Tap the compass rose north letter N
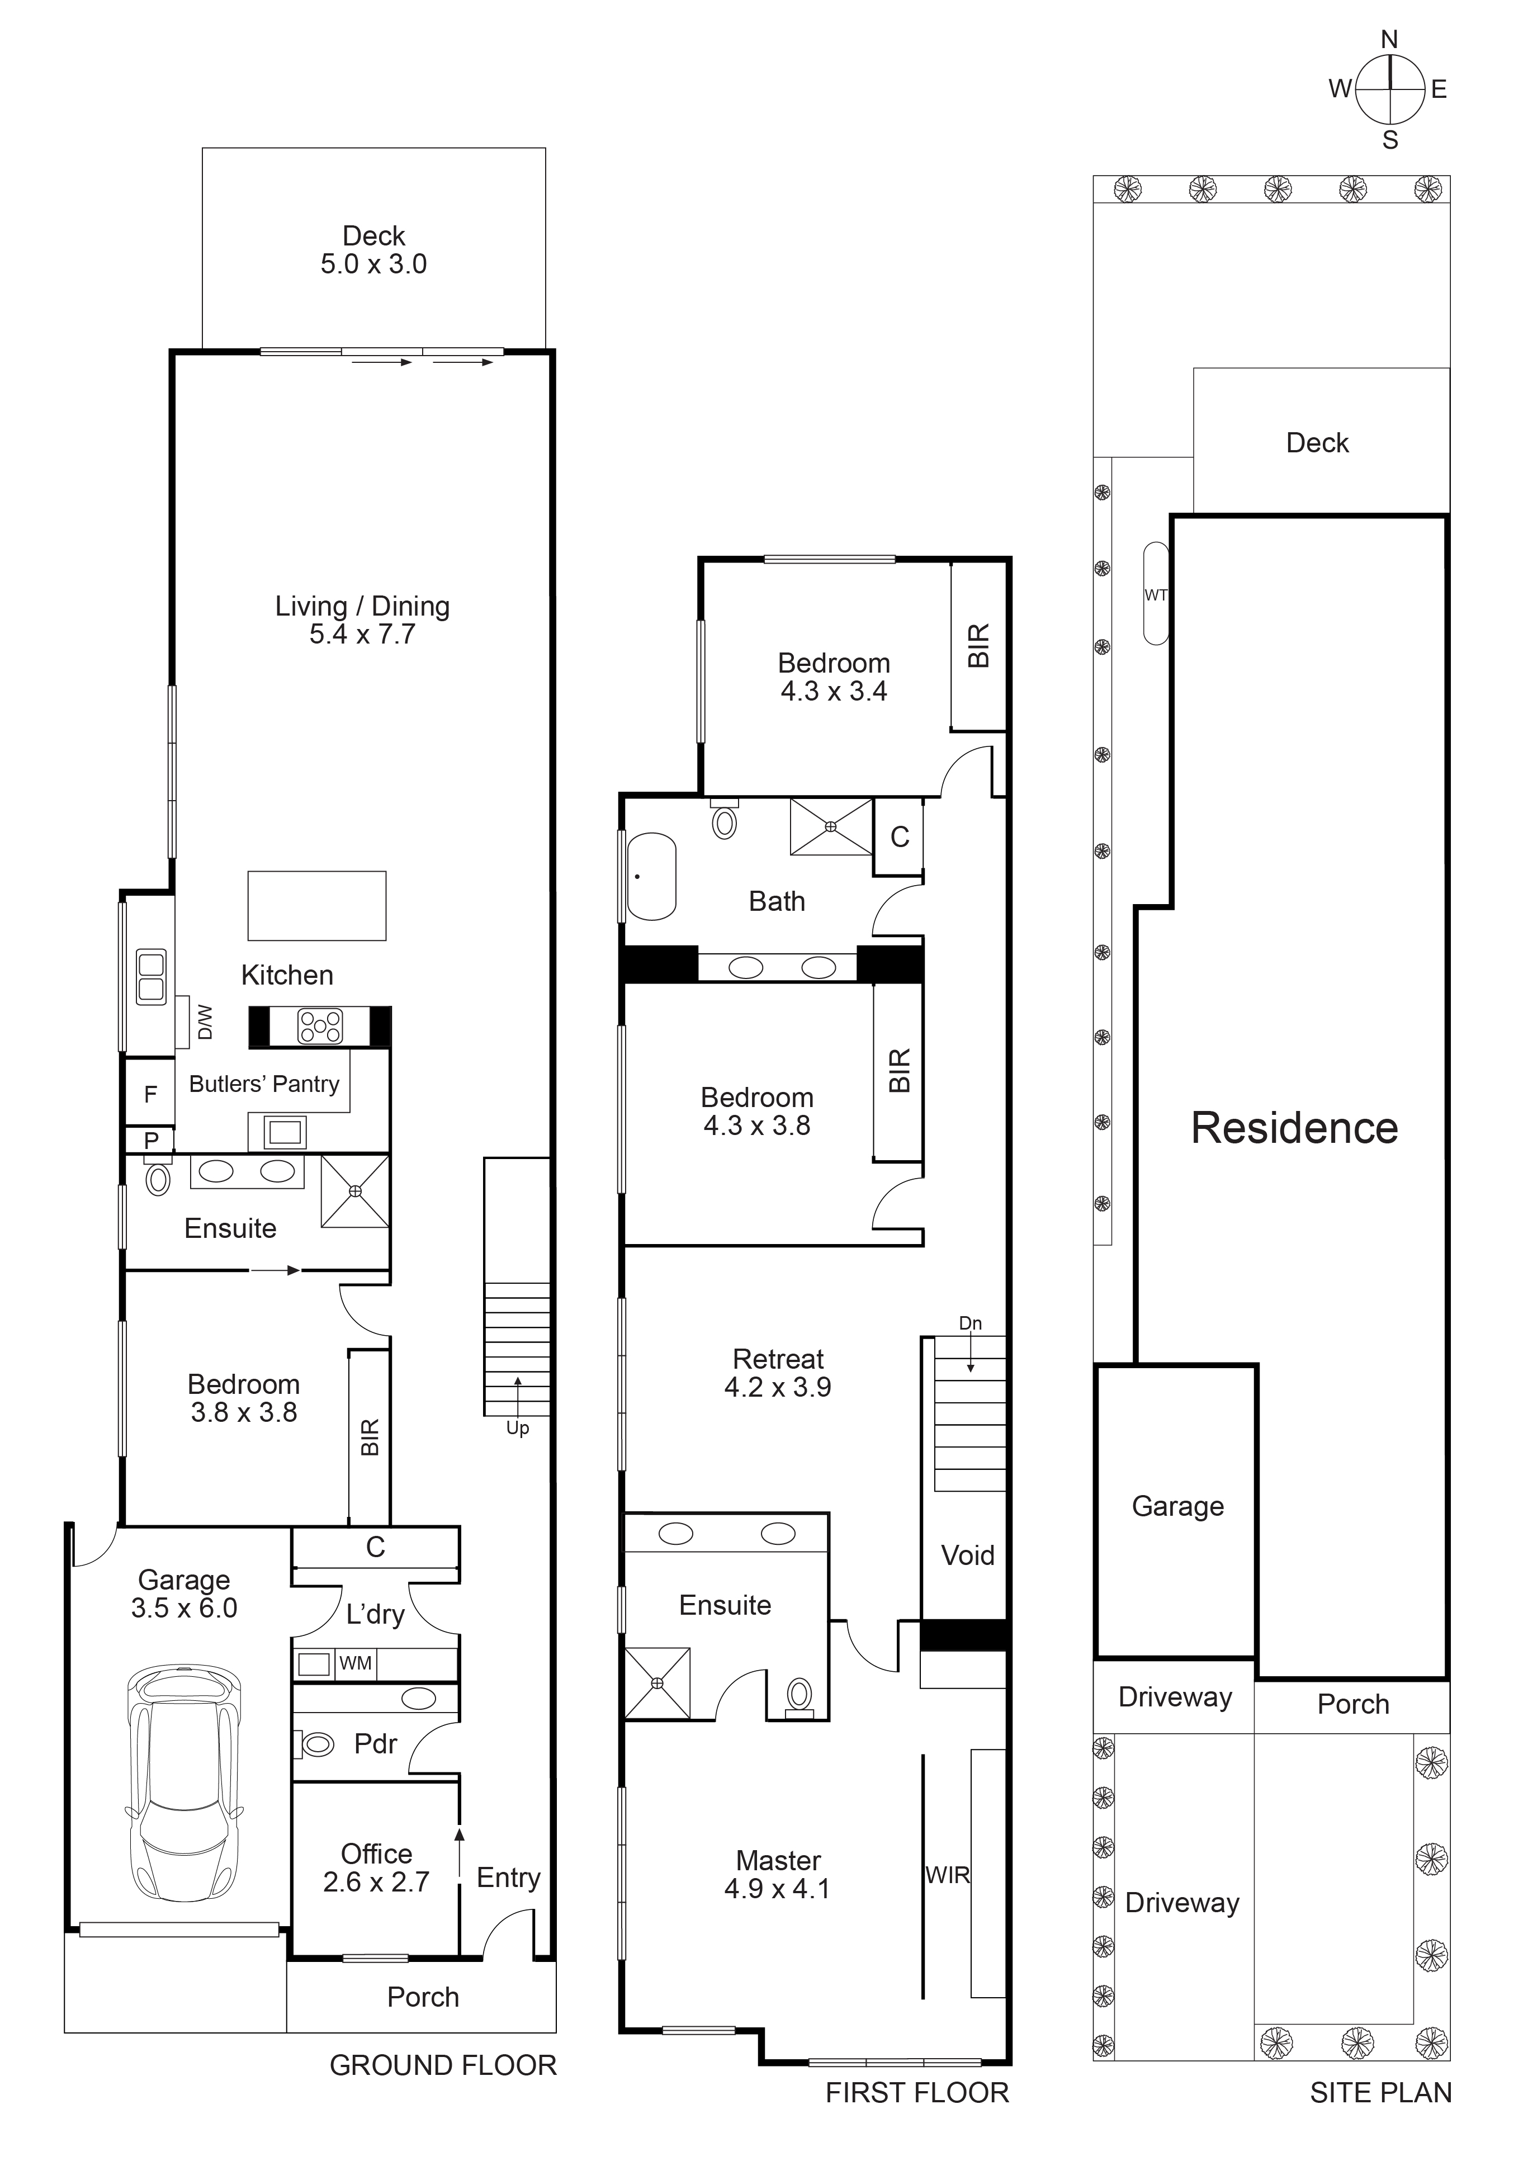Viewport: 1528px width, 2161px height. coord(1389,40)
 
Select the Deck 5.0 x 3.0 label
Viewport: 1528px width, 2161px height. coord(373,249)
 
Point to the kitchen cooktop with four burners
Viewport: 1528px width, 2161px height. coord(320,1027)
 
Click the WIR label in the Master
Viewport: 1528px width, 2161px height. coord(947,1875)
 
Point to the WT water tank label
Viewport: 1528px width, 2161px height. coord(1156,595)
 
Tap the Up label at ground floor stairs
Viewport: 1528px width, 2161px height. coord(518,1428)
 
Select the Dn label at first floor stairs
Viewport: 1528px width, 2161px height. coord(970,1323)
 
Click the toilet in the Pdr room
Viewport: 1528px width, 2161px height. coord(316,1744)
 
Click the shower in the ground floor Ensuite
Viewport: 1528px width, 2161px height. coord(354,1191)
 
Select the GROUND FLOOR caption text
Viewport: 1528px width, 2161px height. coord(442,2065)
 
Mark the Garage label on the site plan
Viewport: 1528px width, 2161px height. coord(1177,1506)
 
